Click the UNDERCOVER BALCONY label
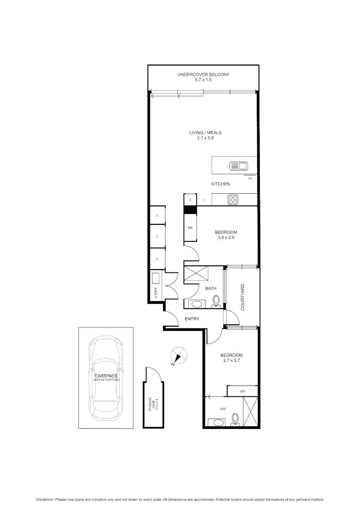[x=203, y=75]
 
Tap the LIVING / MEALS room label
[x=202, y=133]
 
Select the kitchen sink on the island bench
[x=238, y=165]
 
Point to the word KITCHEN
[x=220, y=184]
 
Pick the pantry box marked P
[x=189, y=200]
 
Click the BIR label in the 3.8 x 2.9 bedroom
[x=189, y=228]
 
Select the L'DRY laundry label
[x=155, y=292]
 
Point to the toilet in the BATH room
[x=217, y=300]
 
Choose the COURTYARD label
[x=242, y=297]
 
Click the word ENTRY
[x=192, y=319]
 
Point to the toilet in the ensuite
[x=236, y=419]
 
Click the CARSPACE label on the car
[x=106, y=376]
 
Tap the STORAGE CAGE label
[x=151, y=405]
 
